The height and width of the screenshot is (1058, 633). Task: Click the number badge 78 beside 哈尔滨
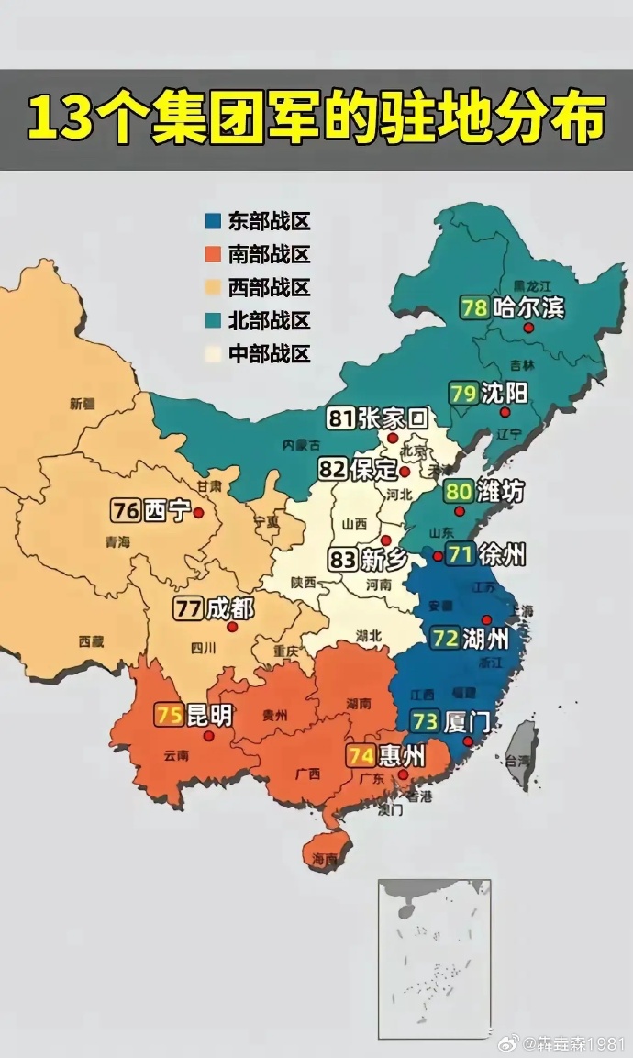[x=474, y=307]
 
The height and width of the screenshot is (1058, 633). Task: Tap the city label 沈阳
[x=503, y=394]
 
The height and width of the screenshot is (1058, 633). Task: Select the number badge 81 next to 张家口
[x=341, y=419]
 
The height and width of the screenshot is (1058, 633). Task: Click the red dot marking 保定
[x=405, y=473]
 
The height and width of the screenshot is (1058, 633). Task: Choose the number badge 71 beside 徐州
[x=461, y=554]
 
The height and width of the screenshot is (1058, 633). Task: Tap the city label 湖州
[x=483, y=638]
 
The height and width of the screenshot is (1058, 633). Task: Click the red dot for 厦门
[x=468, y=741]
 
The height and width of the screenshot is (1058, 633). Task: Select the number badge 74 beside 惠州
[x=361, y=756]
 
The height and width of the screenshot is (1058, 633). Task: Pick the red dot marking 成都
[x=232, y=628]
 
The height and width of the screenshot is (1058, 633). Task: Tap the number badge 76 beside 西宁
[x=126, y=510]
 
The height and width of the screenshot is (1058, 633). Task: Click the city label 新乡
[x=383, y=560]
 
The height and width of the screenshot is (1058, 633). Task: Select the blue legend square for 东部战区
[x=213, y=221]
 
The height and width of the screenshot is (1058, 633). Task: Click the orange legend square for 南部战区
[x=213, y=254]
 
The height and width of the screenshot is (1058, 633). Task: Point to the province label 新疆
[x=82, y=403]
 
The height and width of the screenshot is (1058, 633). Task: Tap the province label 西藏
[x=91, y=641]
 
